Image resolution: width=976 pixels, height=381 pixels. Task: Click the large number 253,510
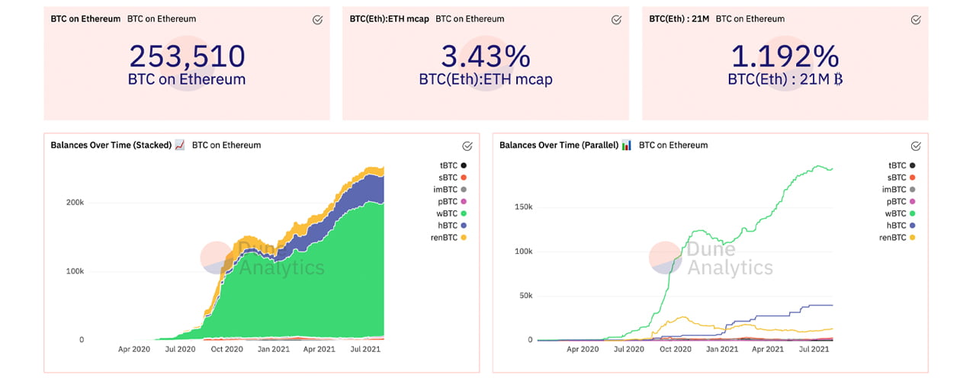[187, 56]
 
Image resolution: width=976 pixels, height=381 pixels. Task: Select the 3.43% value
[486, 56]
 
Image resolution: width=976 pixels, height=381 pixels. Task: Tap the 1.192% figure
[785, 56]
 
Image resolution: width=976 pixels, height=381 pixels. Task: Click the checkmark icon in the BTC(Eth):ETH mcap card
[616, 20]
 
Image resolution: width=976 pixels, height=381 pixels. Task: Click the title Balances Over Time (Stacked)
[111, 145]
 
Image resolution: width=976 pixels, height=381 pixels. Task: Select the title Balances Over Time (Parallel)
[559, 145]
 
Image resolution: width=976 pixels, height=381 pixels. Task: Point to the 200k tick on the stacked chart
[73, 203]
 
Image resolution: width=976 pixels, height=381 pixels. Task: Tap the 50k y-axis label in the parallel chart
[524, 295]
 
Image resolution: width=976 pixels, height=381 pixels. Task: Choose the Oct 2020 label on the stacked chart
[226, 349]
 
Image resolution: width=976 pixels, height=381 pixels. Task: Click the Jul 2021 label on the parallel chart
[814, 349]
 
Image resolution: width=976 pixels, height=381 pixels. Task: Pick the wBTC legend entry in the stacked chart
[448, 213]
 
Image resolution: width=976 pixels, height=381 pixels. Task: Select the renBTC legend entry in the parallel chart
[897, 238]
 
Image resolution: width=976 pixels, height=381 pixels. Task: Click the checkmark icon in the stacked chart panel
[467, 146]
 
